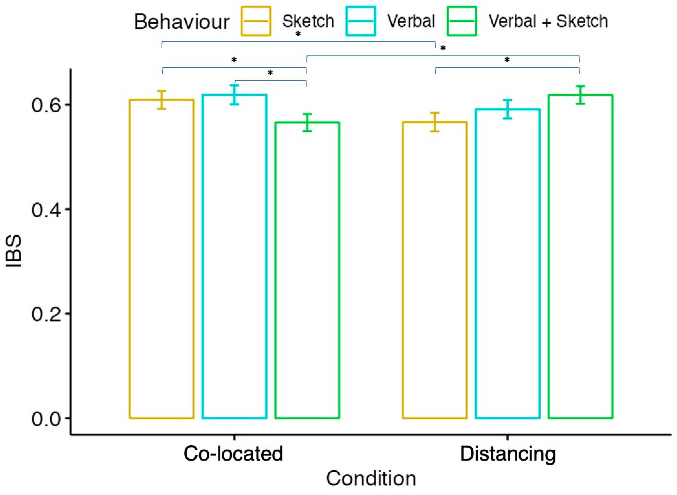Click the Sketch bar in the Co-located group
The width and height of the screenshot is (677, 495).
tap(162, 259)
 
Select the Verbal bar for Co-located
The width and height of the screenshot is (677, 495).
tap(235, 256)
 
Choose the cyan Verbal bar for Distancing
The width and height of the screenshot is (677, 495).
tap(507, 264)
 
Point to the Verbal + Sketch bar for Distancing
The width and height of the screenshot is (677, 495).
tap(580, 256)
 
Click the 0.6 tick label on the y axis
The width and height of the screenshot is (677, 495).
tap(46, 105)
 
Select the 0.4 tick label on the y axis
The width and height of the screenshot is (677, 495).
tap(46, 210)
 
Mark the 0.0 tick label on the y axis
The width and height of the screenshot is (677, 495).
tap(46, 419)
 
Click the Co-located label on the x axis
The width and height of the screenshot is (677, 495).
tap(233, 454)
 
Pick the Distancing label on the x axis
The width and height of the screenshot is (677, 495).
tap(507, 454)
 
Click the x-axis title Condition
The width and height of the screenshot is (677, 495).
tap(371, 479)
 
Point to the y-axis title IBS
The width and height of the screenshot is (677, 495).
tap(14, 251)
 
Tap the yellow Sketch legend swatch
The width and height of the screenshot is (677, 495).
tap(256, 21)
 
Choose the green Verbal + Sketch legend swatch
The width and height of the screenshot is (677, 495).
tap(462, 21)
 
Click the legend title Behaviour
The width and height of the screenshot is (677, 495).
tap(182, 22)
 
